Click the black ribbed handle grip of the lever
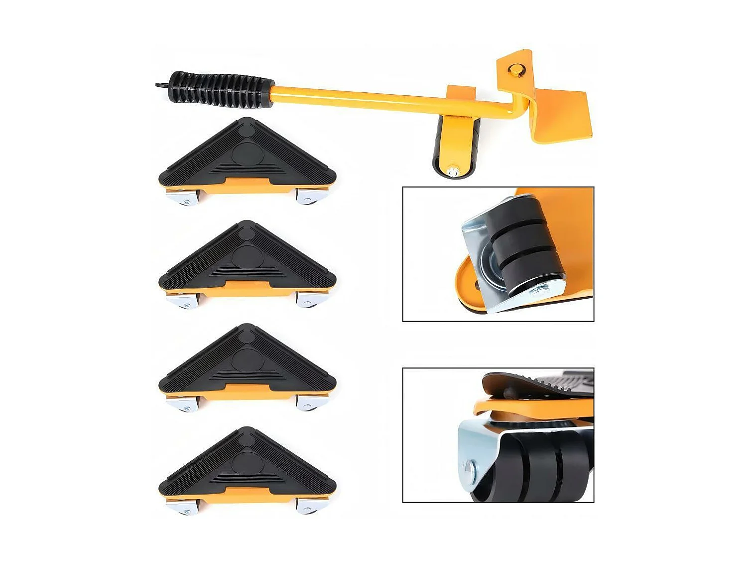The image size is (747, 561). [222, 90]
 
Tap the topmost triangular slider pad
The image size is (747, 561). [248, 155]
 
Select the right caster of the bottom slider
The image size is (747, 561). [309, 506]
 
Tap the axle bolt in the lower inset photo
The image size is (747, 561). [469, 468]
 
